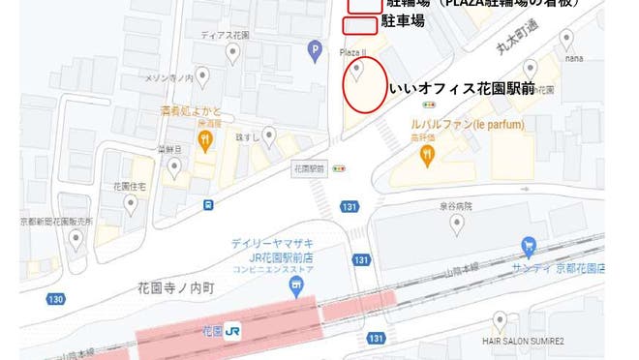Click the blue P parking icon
[314, 50]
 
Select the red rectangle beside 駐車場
[360, 23]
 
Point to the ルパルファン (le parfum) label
[469, 125]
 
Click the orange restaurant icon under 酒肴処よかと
[206, 141]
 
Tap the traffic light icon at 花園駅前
[339, 167]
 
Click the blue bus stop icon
[208, 204]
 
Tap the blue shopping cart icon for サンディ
[528, 246]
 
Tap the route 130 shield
[55, 300]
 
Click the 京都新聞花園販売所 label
[56, 222]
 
